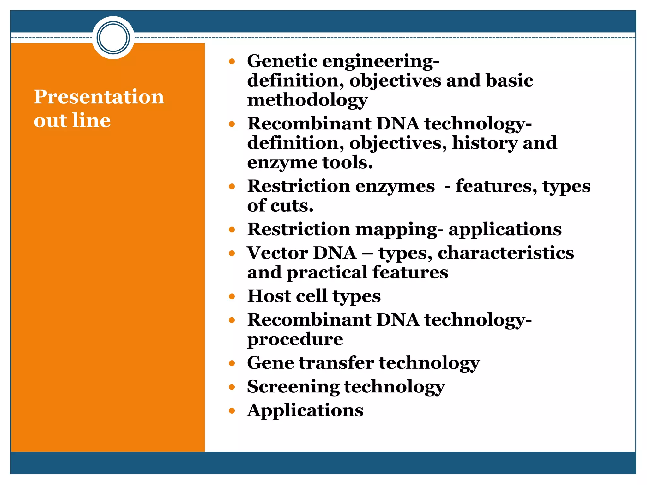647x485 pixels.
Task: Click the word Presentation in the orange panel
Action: [99, 97]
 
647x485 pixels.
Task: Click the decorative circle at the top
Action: [113, 38]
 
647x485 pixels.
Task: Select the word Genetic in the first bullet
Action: [282, 61]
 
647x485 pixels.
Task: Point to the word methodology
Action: [307, 100]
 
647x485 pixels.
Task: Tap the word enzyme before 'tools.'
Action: [282, 163]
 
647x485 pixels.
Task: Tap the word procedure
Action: [295, 339]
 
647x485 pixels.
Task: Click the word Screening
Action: [293, 387]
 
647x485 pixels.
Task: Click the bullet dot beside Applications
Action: [232, 411]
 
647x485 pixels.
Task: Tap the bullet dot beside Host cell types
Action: [232, 296]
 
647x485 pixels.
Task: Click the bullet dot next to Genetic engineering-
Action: [232, 61]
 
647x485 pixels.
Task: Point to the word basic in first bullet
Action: [509, 81]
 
